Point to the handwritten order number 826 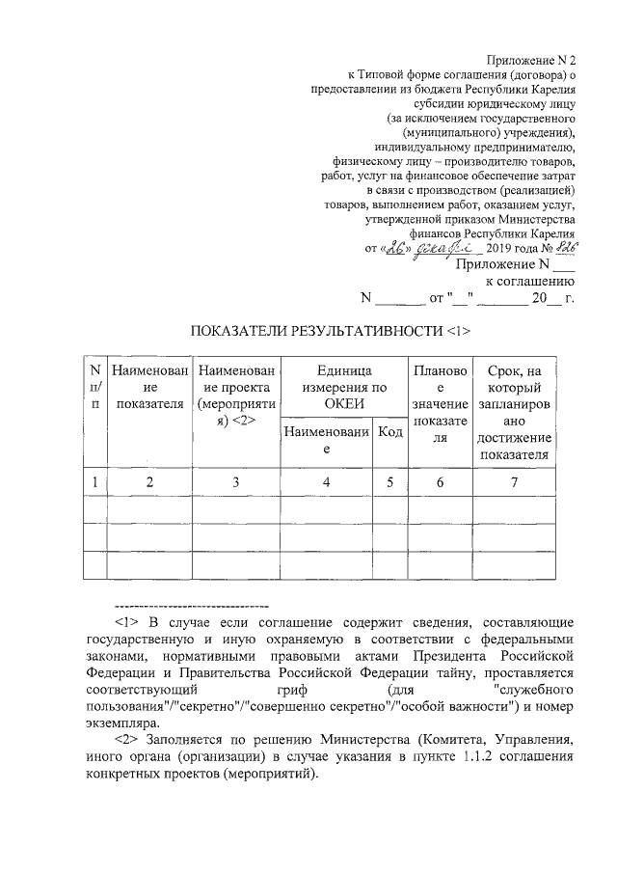tap(564, 248)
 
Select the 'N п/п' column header tap(94, 387)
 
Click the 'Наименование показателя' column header tap(148, 387)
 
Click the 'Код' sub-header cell tap(390, 432)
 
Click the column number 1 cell tap(94, 481)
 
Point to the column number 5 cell tap(390, 481)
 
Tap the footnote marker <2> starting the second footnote tap(127, 740)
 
